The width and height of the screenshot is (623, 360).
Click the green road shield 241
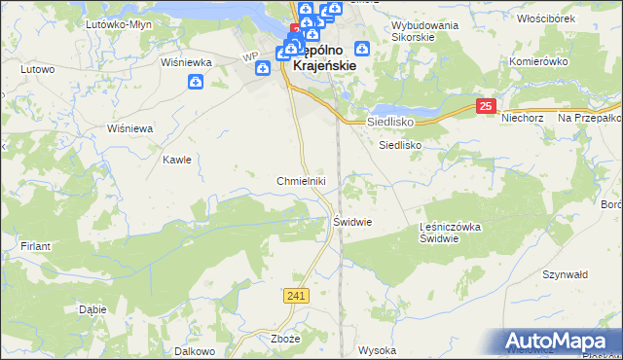pos(298,295)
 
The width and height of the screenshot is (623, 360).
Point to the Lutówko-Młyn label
pos(115,23)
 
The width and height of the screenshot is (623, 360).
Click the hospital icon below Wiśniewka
pos(196,83)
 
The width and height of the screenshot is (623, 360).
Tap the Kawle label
pos(177,160)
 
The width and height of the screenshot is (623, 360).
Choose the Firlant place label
pos(35,246)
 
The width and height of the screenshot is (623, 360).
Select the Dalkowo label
pos(193,350)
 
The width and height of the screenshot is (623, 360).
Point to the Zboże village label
pos(283,340)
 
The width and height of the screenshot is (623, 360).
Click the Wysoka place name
pos(377,350)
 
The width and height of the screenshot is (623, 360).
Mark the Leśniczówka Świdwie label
pos(451,233)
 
